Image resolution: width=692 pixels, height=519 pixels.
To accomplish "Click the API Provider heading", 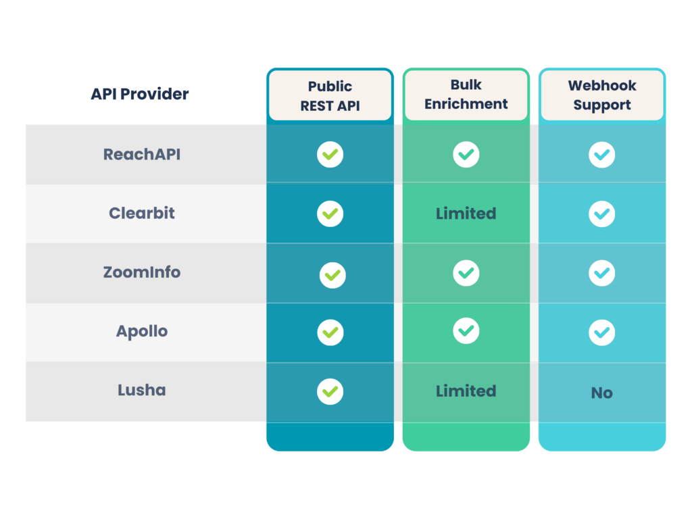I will click(140, 94).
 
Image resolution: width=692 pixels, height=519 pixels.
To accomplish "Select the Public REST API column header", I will click(330, 95).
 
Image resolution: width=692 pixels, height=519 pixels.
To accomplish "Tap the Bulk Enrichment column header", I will click(466, 95).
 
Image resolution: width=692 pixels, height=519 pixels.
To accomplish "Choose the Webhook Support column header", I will click(601, 95).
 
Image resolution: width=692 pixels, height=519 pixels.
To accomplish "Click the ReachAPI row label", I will click(142, 154).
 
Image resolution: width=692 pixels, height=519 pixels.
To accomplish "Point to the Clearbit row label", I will click(142, 213).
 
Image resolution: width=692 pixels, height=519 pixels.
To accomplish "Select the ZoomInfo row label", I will click(142, 272).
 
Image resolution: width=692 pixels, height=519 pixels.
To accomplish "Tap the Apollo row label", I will click(142, 332).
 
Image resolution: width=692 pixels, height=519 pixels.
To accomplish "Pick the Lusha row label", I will click(142, 391).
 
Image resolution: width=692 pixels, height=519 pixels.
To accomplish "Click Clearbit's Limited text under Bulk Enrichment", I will click(466, 214).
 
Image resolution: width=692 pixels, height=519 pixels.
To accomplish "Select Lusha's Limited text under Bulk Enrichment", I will click(466, 391).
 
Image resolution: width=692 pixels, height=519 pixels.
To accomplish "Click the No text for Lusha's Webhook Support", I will click(601, 393).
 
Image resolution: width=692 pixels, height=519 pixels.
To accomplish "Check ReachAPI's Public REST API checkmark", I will click(330, 155).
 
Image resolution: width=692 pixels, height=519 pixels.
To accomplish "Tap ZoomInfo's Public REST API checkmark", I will click(332, 275).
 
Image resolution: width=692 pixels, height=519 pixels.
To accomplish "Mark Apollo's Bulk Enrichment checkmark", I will click(466, 330).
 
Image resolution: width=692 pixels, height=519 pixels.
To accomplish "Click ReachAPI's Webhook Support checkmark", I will click(601, 155).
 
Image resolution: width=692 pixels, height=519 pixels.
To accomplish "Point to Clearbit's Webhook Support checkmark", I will click(601, 214).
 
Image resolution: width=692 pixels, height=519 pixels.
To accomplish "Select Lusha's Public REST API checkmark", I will click(330, 391).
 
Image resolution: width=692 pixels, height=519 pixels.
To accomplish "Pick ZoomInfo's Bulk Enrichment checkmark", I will click(466, 273).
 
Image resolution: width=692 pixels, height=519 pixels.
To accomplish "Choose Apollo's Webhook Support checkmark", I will click(601, 332).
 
